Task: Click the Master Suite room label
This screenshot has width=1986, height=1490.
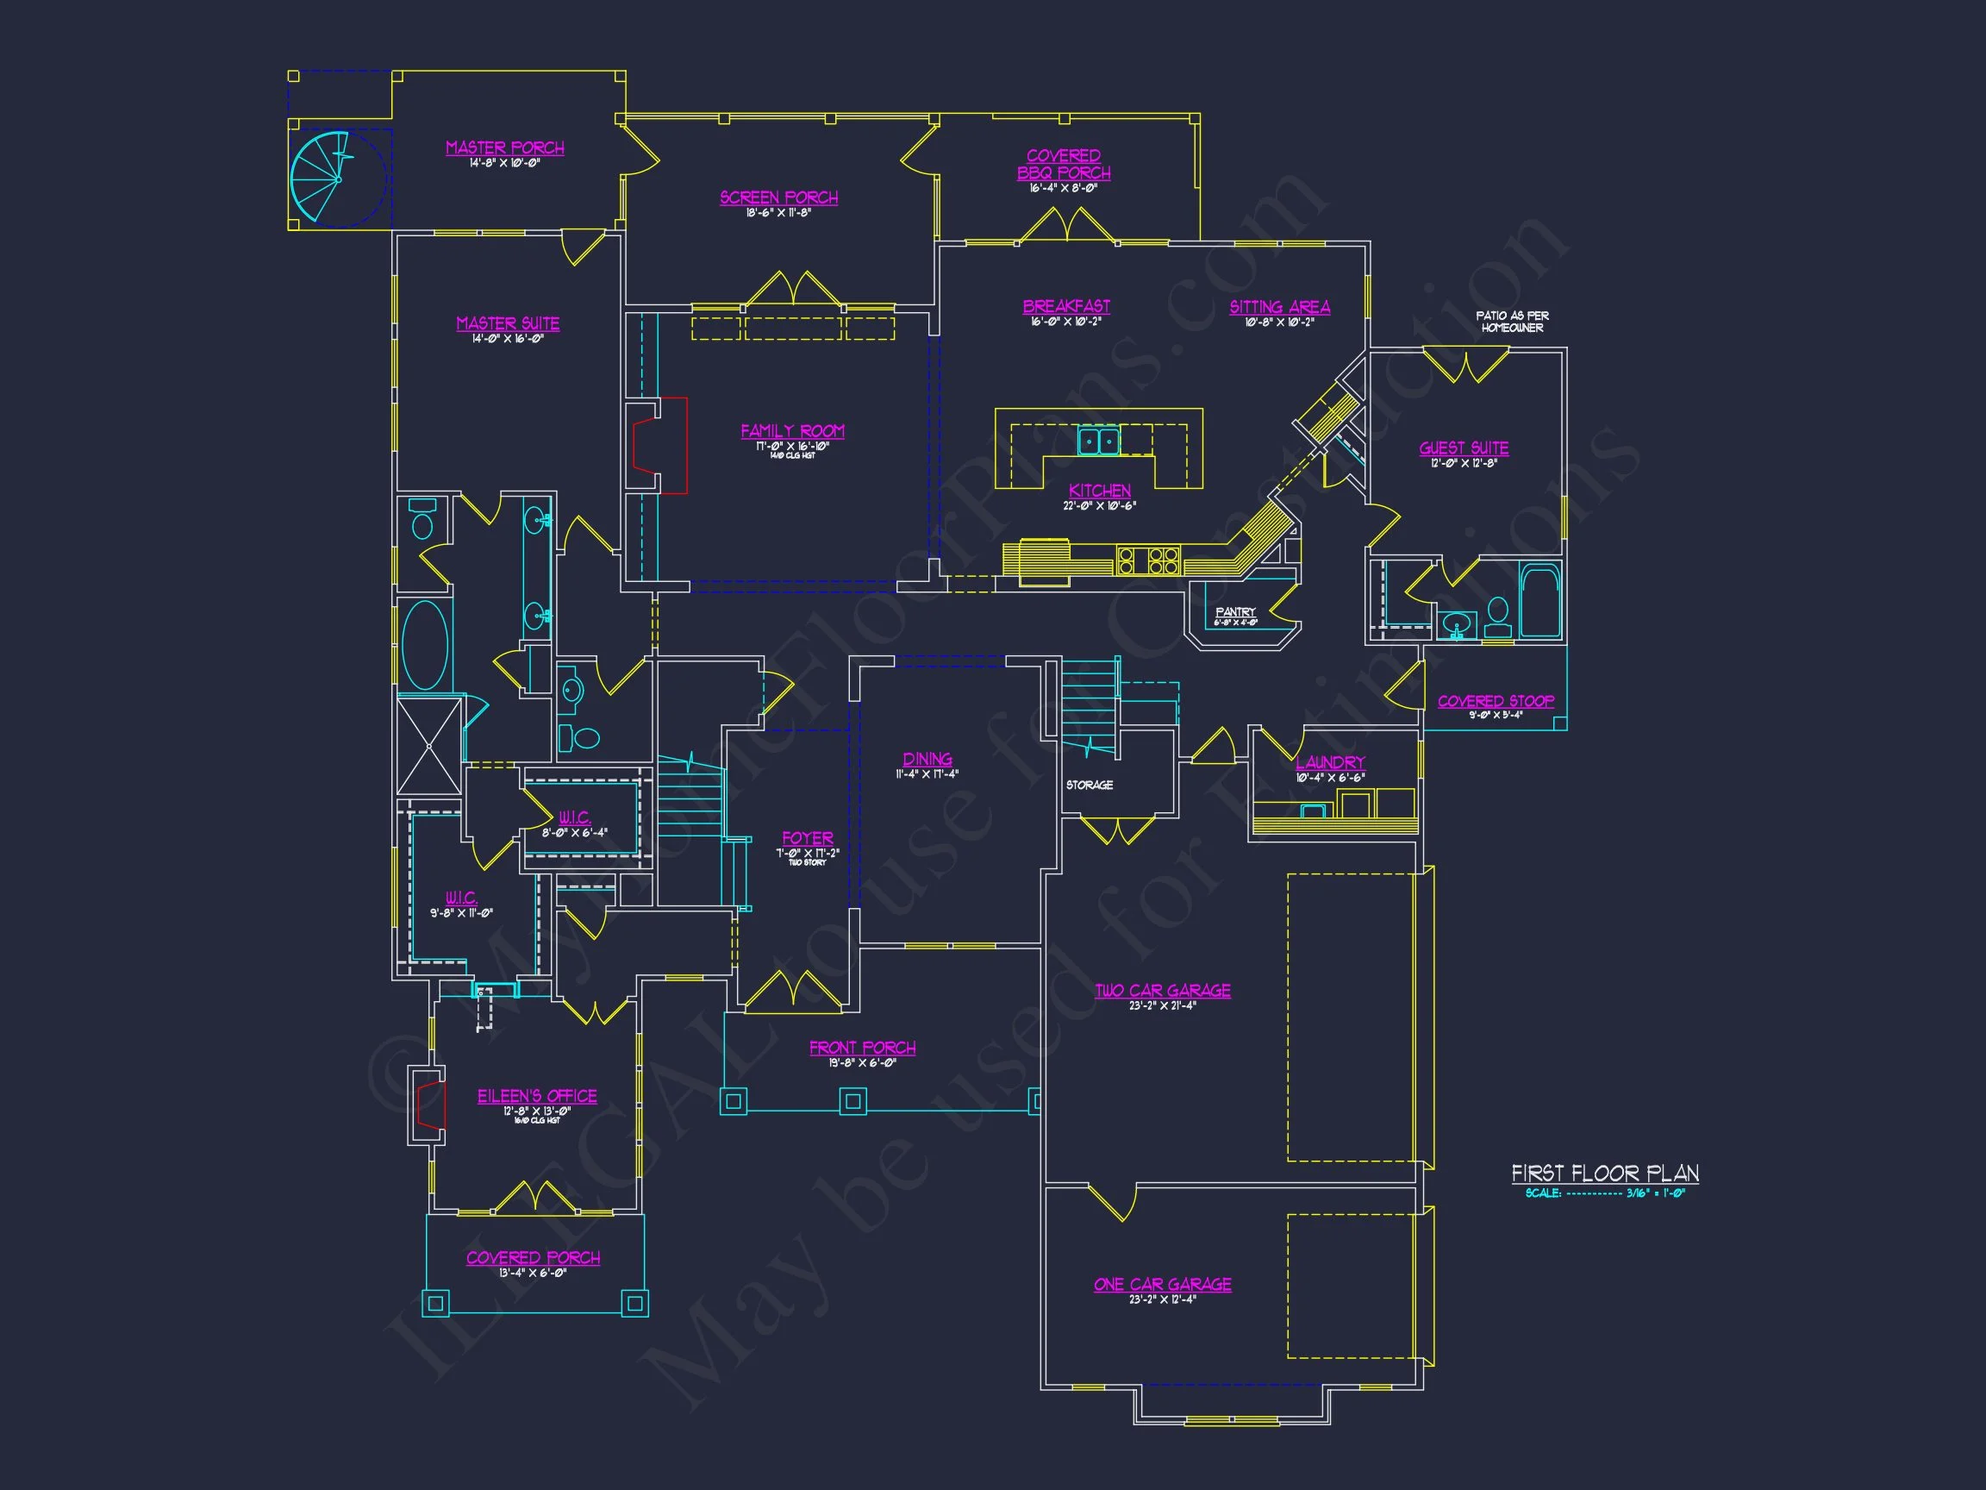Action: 507,323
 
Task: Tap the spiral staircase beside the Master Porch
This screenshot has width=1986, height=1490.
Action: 338,178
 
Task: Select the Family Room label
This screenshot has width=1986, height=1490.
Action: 792,431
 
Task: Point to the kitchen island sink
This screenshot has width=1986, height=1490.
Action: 1098,441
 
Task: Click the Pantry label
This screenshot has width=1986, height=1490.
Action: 1235,612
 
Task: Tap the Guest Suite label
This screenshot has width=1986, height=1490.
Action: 1464,448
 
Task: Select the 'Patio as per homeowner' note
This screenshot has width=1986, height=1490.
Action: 1512,322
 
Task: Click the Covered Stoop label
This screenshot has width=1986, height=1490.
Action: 1495,701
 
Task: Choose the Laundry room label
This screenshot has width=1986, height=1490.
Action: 1330,762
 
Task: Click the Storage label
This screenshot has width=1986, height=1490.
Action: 1089,785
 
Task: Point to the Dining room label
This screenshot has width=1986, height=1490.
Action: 927,760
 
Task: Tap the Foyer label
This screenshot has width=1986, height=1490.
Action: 807,838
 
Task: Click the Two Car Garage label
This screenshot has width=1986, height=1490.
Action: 1163,991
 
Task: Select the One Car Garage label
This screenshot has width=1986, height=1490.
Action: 1163,1284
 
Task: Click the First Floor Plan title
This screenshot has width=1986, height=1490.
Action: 1604,1173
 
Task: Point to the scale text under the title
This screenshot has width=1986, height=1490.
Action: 1604,1193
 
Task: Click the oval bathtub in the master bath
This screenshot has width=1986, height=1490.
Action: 425,645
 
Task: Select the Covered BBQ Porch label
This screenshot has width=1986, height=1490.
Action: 1064,165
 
